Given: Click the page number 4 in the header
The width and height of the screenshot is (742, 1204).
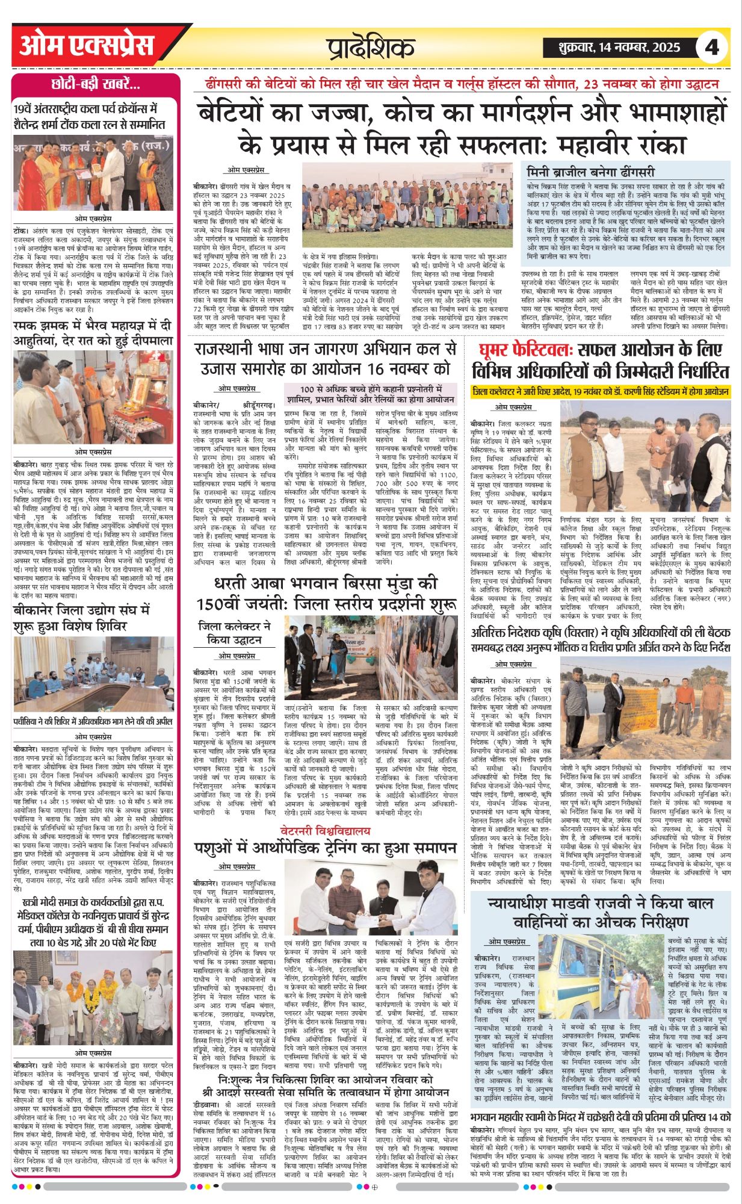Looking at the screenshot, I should (712, 46).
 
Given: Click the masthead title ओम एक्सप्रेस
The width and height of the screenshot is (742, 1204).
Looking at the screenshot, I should (87, 46).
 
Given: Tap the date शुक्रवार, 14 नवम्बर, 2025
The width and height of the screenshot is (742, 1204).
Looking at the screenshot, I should (612, 47).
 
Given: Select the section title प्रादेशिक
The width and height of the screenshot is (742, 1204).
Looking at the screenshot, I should (371, 47).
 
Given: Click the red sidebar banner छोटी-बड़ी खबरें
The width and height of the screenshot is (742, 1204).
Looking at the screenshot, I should (96, 84).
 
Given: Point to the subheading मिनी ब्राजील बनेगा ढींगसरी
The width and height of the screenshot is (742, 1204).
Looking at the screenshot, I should (590, 171).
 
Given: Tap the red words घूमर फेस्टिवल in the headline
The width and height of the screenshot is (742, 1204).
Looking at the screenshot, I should (523, 350).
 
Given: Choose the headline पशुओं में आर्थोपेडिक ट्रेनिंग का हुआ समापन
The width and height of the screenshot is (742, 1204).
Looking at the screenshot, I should (324, 848).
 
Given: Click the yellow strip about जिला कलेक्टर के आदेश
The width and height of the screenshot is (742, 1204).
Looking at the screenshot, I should (601, 391).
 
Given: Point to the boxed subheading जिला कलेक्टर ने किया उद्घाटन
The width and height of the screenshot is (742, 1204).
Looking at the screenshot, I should (235, 633).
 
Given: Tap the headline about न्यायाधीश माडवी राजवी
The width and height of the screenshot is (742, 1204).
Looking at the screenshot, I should (601, 912).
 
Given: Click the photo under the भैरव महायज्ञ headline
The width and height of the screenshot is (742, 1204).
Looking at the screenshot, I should (95, 397).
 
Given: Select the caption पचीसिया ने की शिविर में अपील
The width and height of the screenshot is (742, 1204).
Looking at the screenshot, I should (93, 722).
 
